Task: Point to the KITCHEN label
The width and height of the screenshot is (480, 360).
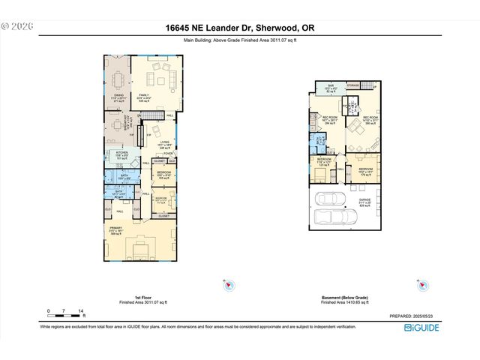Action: pos(122,153)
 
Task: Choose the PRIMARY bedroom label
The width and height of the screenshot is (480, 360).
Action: pos(115,229)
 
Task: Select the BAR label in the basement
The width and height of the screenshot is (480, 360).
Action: pos(331,86)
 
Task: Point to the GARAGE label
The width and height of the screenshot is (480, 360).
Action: pos(364,200)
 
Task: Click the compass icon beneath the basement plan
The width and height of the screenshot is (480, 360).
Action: pos(421,285)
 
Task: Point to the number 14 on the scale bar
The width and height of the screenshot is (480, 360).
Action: pos(81,310)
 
